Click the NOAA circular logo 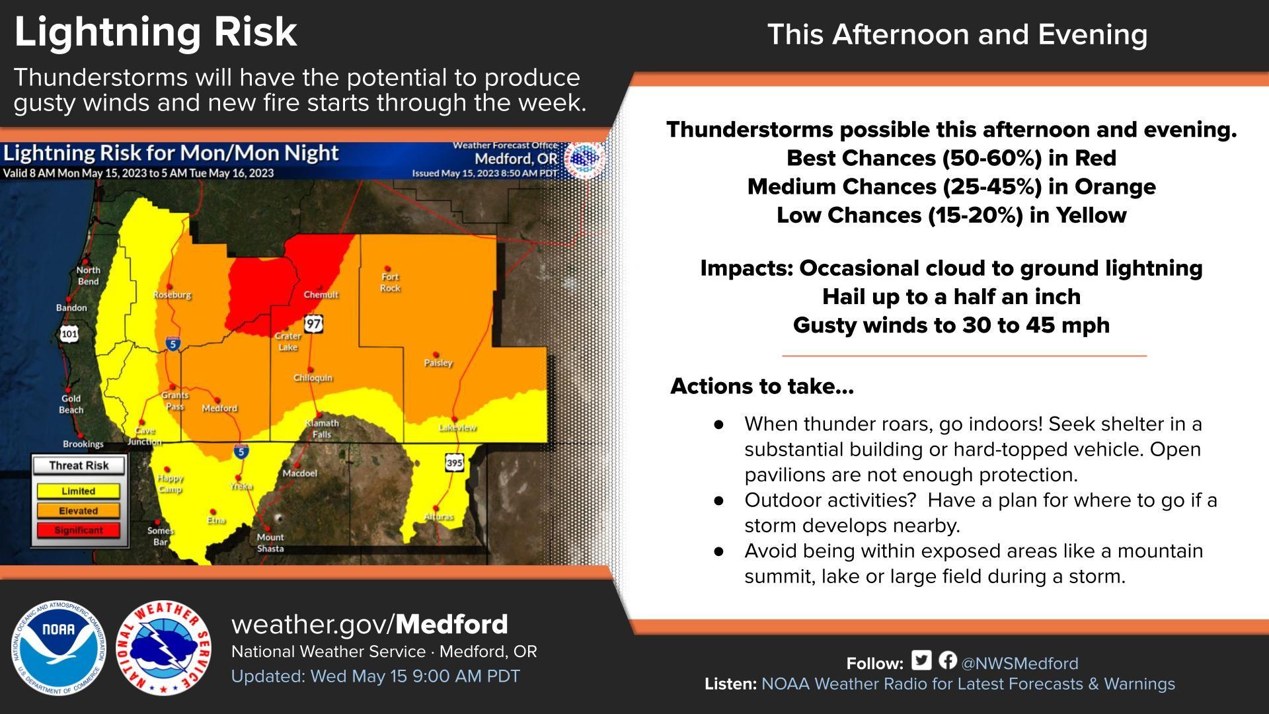tap(59, 648)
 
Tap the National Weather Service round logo tap(164, 648)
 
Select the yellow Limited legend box tap(78, 491)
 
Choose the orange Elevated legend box tap(78, 510)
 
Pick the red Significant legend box tap(78, 530)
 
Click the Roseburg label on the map tap(173, 295)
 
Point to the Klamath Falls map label tap(322, 428)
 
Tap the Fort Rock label tap(390, 282)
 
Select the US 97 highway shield tap(314, 324)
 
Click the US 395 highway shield tap(454, 463)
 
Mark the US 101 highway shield tap(69, 333)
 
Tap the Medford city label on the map tap(219, 409)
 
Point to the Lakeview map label tap(457, 428)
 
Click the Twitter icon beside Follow tap(921, 660)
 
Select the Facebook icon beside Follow tap(947, 660)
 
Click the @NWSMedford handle tap(1020, 663)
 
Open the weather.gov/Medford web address tap(369, 624)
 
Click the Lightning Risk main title tap(156, 32)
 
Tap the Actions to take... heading tap(762, 386)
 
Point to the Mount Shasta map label tap(270, 543)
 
